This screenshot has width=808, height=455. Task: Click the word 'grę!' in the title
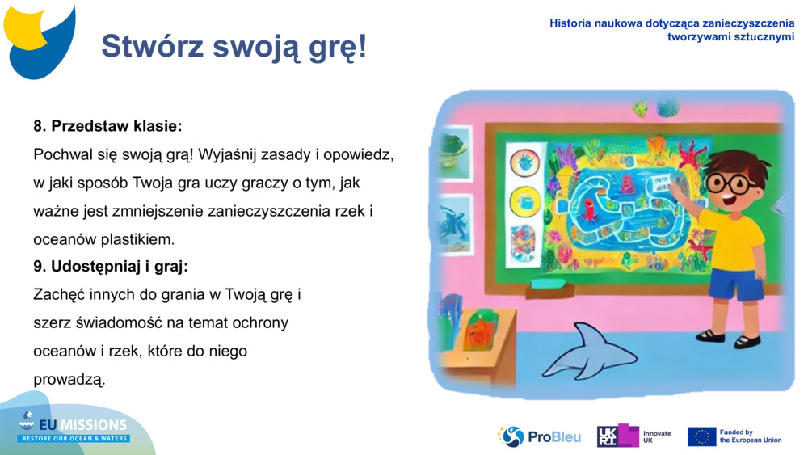tap(339, 47)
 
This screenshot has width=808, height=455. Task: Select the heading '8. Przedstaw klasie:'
tap(107, 126)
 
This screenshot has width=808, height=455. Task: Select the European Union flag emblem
tap(701, 436)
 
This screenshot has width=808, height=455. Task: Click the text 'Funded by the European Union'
tap(750, 436)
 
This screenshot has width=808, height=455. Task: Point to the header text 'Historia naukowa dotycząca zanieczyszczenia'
tap(671, 23)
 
